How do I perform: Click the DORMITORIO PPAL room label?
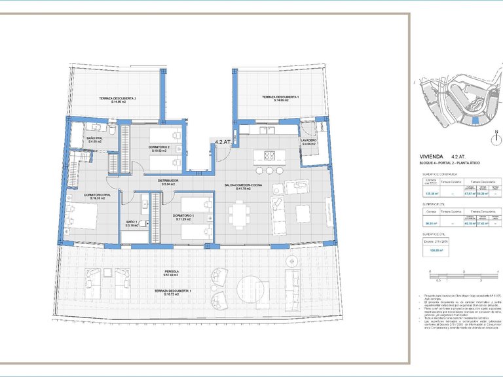(x=88, y=194)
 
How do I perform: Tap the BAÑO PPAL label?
(x=96, y=138)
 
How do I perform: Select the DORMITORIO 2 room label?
(x=159, y=147)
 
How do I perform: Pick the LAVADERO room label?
(x=308, y=141)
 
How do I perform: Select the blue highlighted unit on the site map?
(x=475, y=118)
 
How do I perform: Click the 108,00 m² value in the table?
(x=432, y=250)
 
